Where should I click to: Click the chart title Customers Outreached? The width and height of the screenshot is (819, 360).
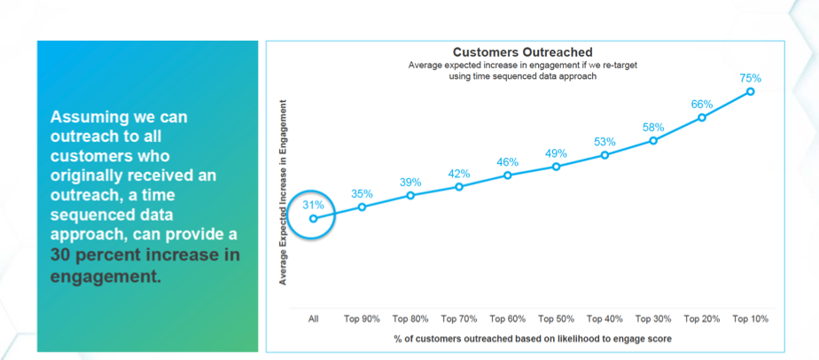tap(522, 52)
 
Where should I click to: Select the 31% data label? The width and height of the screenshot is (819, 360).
tap(313, 204)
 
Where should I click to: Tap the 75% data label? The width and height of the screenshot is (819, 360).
tap(750, 78)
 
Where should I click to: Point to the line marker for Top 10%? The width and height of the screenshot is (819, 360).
tap(750, 91)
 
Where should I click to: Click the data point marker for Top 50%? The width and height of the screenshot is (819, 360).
tap(556, 166)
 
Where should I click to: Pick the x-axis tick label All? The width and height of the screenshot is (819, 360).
tap(313, 319)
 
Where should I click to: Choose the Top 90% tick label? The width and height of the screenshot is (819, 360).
tap(362, 319)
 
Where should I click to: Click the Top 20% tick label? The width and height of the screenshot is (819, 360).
tap(701, 319)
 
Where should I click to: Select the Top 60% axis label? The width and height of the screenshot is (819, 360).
tap(508, 319)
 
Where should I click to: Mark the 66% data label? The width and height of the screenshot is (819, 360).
tap(701, 104)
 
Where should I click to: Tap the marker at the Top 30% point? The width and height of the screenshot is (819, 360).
tap(653, 140)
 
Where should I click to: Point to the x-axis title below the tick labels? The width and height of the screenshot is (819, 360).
tap(531, 339)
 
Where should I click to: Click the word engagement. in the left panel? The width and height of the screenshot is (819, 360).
tap(106, 276)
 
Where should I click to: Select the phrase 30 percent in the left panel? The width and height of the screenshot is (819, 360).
tap(100, 256)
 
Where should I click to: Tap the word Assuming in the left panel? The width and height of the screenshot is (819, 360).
tap(87, 117)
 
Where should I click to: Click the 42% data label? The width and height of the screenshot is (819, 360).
tap(459, 174)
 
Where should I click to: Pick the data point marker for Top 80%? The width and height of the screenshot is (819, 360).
tap(410, 195)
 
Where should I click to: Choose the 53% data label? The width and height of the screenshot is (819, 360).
tap(604, 142)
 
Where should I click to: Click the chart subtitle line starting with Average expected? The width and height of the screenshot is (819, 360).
tap(522, 65)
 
